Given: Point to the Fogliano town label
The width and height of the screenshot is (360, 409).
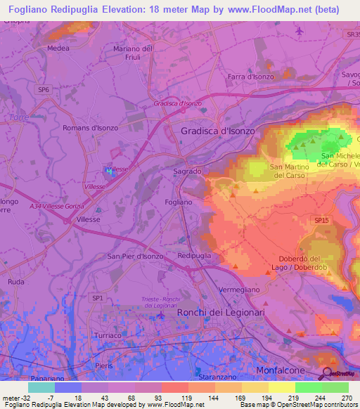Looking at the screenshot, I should point(178,202).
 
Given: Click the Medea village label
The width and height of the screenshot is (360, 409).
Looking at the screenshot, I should point(58,48).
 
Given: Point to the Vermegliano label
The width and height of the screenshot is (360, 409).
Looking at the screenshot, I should point(240,290).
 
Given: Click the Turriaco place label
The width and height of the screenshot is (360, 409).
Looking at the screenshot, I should point(108,335).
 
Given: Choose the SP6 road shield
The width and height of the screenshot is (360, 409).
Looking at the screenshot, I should point(44,90).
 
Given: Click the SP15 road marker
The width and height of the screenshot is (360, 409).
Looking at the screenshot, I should point(321,221).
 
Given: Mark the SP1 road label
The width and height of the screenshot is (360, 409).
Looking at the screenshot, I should point(97,299).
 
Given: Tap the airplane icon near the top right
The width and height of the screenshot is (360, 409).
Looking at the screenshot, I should point(300,31).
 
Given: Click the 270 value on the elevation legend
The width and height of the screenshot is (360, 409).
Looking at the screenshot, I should point(346,398).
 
